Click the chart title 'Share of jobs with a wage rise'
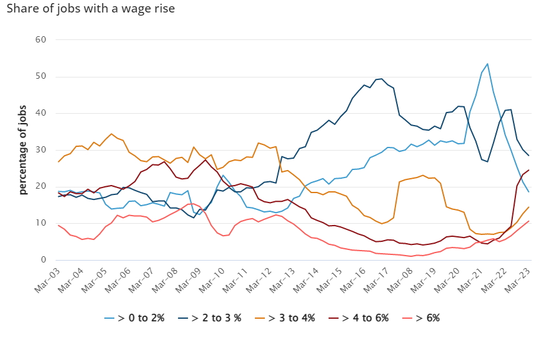(x=91, y=9)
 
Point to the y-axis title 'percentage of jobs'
(x=23, y=149)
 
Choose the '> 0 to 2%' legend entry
(x=134, y=317)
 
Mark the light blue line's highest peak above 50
(x=487, y=64)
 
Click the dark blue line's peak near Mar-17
(x=380, y=79)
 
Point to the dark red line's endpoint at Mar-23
(x=529, y=170)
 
